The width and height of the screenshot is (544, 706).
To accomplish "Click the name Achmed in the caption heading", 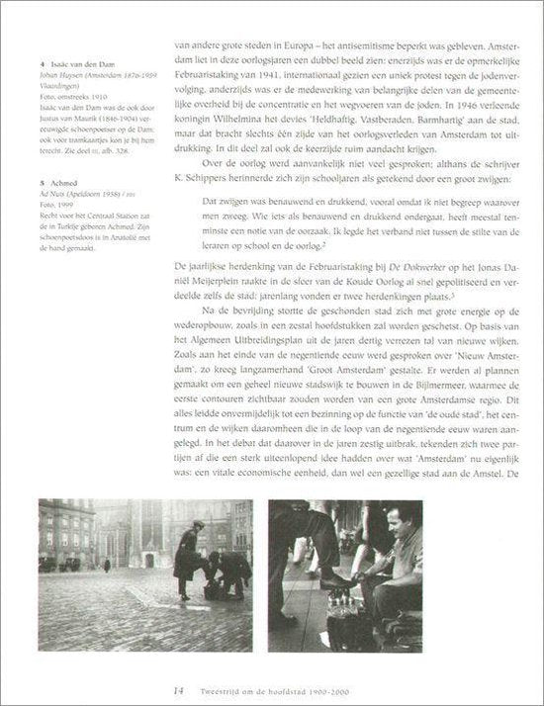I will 54,182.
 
